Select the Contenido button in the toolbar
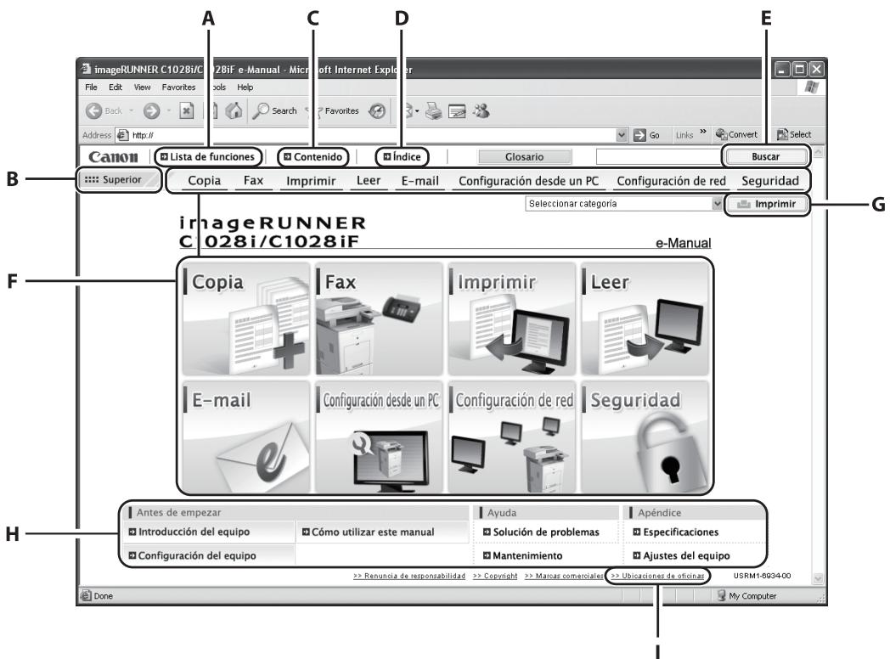pyautogui.click(x=314, y=156)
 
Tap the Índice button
pyautogui.click(x=403, y=156)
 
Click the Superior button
pyautogui.click(x=117, y=180)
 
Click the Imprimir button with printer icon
pyautogui.click(x=766, y=204)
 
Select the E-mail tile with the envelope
pyautogui.click(x=246, y=437)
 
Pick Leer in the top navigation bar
pyautogui.click(x=369, y=180)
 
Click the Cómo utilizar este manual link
pyautogui.click(x=367, y=532)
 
